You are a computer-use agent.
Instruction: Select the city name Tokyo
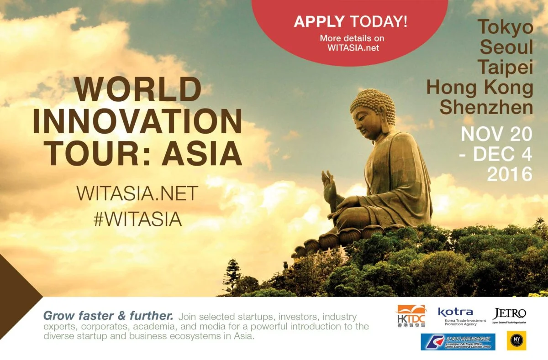pos(506,27)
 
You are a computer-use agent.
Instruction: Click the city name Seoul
pos(507,47)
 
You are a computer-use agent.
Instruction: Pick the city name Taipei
pos(506,67)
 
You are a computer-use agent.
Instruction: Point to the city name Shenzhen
pos(486,107)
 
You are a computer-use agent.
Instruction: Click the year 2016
pos(510,174)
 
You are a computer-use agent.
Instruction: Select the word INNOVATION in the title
pos(137,122)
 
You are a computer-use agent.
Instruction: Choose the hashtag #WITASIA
pos(137,219)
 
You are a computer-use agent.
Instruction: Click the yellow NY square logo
pos(516,341)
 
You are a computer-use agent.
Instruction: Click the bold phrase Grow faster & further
pos(108,316)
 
